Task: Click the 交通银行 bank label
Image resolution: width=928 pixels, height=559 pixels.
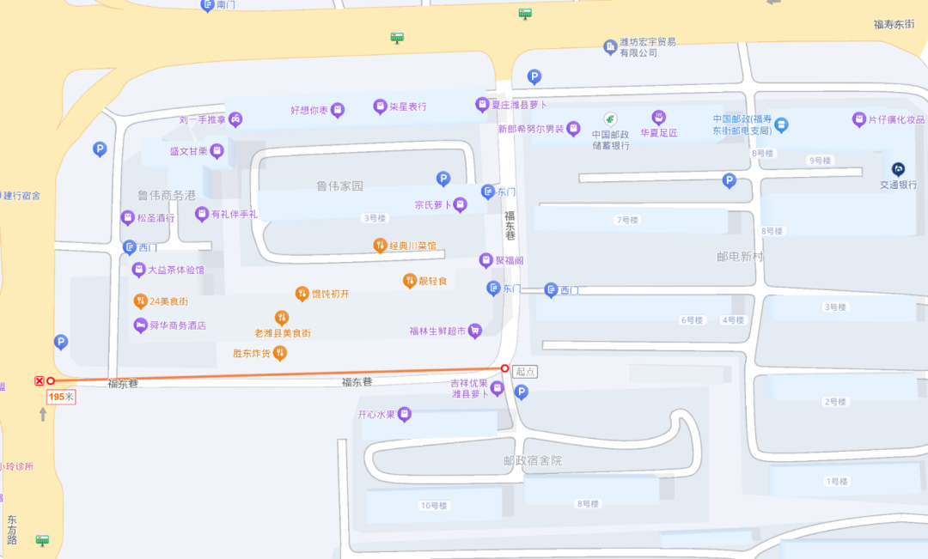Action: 898,185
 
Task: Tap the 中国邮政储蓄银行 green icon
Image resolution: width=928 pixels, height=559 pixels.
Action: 610,118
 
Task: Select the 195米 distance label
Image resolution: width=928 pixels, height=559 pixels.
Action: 61,397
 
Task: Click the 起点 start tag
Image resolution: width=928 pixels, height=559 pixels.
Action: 526,372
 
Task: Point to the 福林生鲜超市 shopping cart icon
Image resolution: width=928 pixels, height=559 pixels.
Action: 474,331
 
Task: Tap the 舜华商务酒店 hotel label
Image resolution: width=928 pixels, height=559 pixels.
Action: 177,325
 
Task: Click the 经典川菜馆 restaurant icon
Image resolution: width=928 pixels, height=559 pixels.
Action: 380,246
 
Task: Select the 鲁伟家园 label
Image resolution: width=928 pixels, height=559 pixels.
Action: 340,185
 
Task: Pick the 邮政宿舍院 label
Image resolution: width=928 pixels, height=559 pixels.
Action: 533,460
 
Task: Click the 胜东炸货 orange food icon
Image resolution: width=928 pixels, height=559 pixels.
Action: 279,352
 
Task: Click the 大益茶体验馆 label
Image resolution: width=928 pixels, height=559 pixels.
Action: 175,270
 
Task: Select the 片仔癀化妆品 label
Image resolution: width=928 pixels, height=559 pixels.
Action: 895,119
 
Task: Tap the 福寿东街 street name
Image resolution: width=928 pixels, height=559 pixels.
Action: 900,25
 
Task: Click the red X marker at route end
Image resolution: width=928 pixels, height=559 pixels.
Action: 39,380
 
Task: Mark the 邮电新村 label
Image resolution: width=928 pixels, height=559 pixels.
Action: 740,257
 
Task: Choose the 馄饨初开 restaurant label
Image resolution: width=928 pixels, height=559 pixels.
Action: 330,294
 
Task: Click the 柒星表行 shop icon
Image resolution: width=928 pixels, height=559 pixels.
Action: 380,106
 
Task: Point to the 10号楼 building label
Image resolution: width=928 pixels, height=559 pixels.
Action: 434,505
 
